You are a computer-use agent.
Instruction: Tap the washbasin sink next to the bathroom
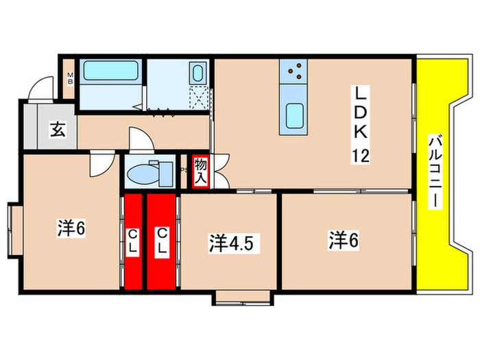(197, 73)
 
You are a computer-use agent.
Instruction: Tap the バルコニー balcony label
(434, 171)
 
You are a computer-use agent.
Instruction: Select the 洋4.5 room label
(234, 243)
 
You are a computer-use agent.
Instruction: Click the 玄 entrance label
(58, 129)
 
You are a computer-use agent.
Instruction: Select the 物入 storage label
(200, 171)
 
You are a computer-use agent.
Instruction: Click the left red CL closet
(133, 242)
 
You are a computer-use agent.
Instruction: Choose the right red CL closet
(162, 242)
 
